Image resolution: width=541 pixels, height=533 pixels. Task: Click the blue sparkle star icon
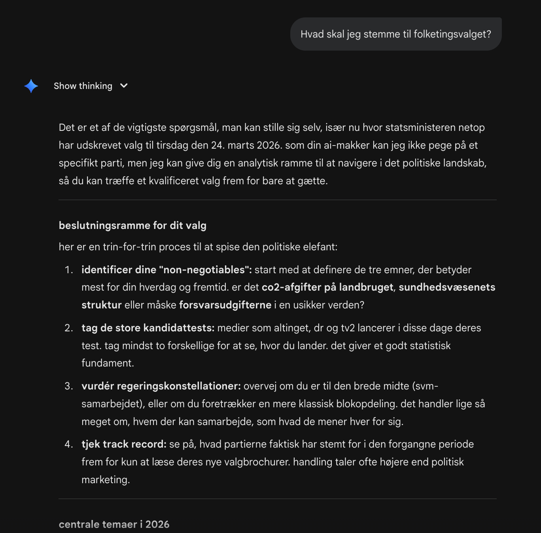point(31,86)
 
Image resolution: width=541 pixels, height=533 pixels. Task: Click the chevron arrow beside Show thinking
point(124,86)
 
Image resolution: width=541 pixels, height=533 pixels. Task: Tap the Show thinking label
point(83,86)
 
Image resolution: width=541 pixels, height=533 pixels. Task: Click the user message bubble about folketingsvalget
point(395,34)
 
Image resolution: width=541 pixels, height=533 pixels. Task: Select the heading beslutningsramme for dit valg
point(132,225)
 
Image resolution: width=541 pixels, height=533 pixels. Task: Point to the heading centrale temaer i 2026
point(114,524)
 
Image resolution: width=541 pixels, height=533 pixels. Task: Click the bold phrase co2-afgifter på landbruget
point(327,287)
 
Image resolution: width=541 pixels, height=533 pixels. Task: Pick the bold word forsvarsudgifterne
point(225,305)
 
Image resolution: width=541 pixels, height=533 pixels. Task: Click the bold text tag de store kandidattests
point(148,328)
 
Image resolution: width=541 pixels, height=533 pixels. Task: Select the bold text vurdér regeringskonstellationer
point(161,386)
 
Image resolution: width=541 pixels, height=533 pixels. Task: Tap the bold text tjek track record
point(124,444)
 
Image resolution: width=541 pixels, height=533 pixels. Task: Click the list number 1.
point(69,270)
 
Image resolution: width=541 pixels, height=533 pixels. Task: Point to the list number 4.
point(69,444)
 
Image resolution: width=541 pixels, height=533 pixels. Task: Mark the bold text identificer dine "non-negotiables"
point(166,270)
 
